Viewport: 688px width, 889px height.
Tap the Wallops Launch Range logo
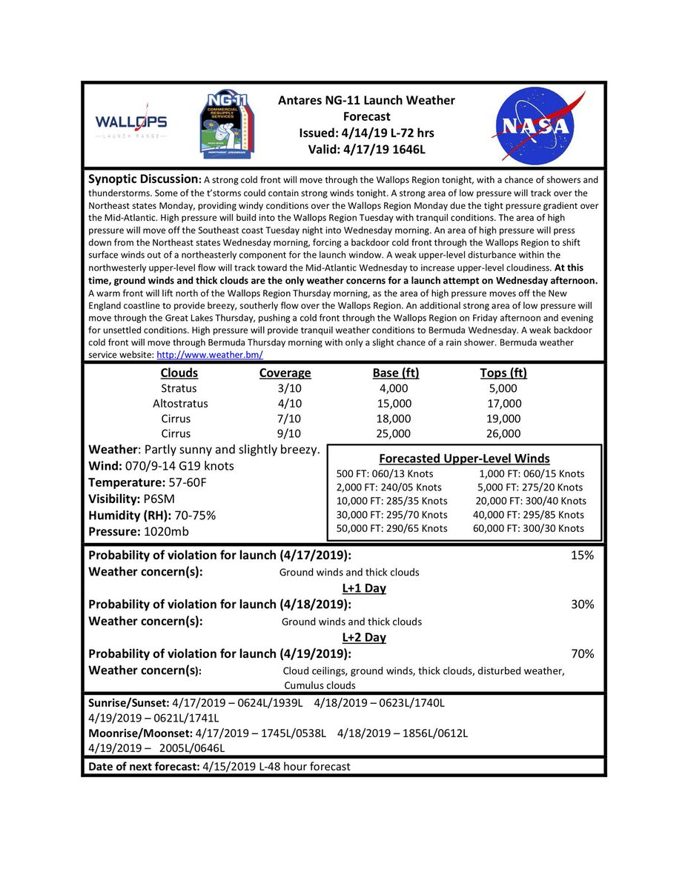coord(131,124)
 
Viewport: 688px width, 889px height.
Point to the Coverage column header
coord(285,373)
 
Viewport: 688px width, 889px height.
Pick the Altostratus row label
coord(180,404)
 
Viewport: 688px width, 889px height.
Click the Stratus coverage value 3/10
coord(285,389)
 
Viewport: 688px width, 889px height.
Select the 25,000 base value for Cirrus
coord(393,433)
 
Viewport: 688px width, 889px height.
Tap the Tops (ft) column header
coord(503,373)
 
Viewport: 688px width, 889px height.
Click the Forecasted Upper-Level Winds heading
coord(464,458)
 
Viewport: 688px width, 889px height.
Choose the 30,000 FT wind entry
coord(391,515)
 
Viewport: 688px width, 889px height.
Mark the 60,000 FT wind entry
coord(529,528)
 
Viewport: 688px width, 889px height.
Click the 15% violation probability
coord(582,556)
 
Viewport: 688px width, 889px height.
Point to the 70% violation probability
coord(582,654)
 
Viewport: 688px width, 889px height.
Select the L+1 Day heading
coord(364,588)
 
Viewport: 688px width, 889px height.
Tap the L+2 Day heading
coord(364,637)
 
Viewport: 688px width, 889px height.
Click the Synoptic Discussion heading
coord(144,180)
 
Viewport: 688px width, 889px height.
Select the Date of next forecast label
coord(143,767)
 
